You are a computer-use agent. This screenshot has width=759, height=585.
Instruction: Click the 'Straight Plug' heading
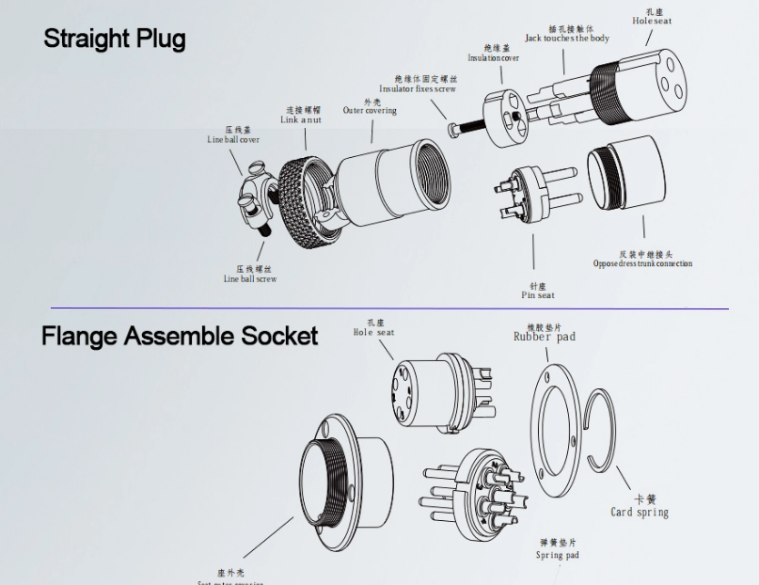click(114, 39)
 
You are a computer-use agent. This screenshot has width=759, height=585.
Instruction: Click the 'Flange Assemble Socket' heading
click(180, 336)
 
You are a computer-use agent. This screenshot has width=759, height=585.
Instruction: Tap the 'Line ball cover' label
click(233, 139)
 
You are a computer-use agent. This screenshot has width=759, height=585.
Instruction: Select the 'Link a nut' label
click(301, 119)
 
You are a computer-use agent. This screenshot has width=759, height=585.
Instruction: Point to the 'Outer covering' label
click(370, 110)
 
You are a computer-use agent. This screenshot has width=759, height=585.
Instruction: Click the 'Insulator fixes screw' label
click(418, 89)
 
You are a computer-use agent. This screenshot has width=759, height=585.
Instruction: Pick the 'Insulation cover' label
click(494, 57)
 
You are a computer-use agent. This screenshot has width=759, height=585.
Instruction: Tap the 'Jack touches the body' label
click(566, 38)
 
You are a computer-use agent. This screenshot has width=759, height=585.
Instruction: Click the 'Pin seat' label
click(538, 295)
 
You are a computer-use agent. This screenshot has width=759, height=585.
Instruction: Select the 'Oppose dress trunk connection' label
click(642, 263)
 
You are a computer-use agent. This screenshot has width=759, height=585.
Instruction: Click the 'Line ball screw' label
click(250, 278)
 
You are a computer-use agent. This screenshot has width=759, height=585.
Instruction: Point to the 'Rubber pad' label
click(545, 336)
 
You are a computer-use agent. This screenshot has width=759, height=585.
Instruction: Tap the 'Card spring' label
click(640, 512)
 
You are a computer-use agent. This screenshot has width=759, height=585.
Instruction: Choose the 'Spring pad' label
click(558, 555)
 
